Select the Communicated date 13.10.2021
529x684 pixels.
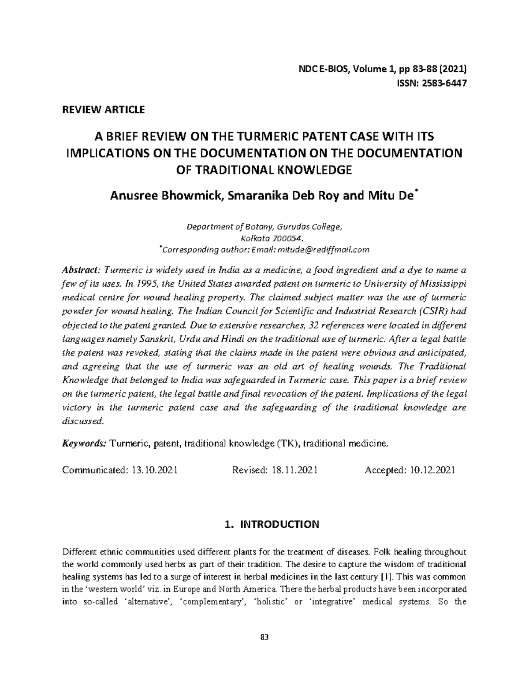[154, 470]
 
